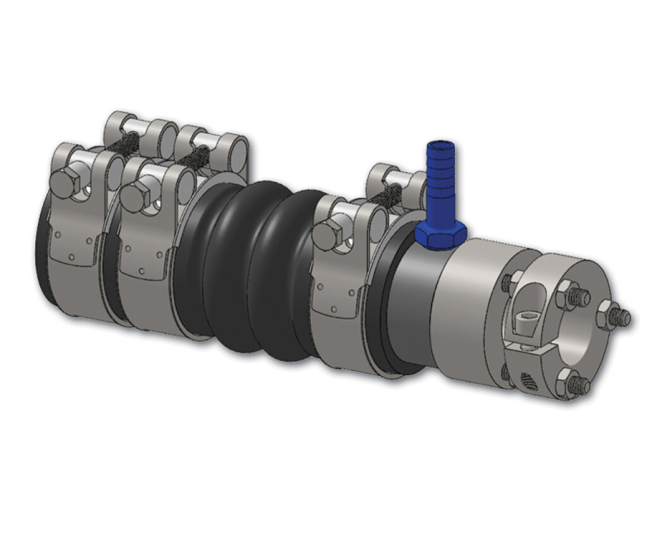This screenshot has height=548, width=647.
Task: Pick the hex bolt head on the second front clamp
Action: (134, 197)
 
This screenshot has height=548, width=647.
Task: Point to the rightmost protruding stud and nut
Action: (615, 315)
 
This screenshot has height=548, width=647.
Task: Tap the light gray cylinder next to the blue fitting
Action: (468, 310)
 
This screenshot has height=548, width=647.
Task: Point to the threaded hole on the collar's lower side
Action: (528, 379)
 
